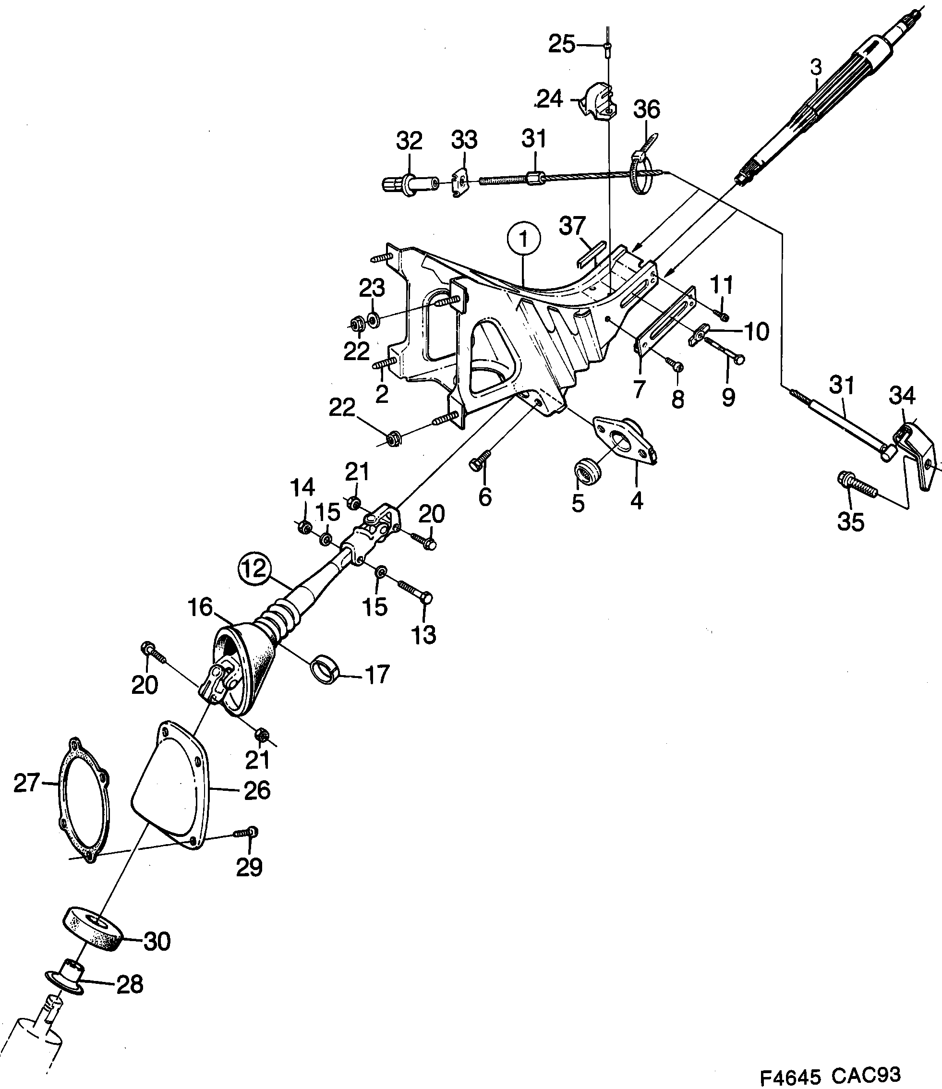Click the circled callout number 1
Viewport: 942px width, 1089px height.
click(x=523, y=239)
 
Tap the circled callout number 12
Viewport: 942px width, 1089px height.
click(x=254, y=569)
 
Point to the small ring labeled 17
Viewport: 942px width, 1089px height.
click(x=326, y=669)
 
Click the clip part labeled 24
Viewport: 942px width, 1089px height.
click(x=598, y=101)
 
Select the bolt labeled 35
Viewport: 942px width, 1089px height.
click(x=857, y=485)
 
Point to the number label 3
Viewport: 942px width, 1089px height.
click(x=816, y=67)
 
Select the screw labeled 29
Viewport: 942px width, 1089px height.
click(x=245, y=833)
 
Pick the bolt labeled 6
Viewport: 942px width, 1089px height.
click(x=480, y=460)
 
